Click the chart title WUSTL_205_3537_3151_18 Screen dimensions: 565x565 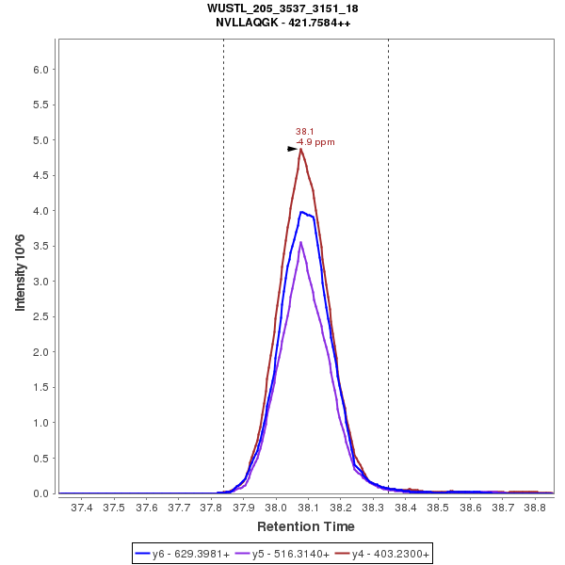tap(282, 8)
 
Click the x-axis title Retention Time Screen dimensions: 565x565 tap(306, 526)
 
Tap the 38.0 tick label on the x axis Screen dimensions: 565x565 tap(276, 507)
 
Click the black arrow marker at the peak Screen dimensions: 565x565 tap(293, 149)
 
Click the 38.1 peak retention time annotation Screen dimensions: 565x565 tap(304, 132)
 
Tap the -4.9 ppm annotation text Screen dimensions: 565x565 tap(315, 142)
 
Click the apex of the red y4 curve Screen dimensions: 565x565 tap(300, 149)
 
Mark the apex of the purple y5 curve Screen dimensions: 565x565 tap(300, 242)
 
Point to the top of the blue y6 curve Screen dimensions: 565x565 tap(301, 212)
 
